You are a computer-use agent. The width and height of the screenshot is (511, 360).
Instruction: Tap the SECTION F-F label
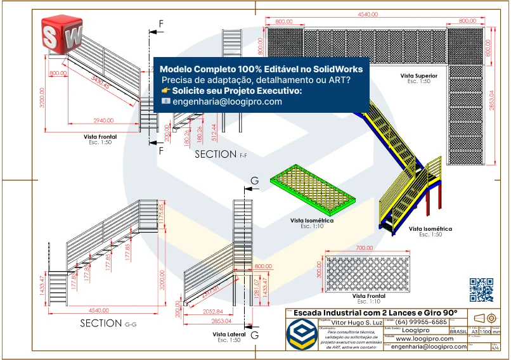(x=221, y=154)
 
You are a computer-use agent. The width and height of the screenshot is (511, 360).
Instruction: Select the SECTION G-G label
(x=108, y=323)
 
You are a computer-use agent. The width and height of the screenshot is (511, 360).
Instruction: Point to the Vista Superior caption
(x=415, y=75)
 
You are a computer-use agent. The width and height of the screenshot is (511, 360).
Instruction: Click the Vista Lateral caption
(x=226, y=334)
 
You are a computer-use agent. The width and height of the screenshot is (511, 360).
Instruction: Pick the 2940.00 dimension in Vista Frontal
(x=103, y=120)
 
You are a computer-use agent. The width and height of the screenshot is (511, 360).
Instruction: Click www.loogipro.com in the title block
(x=422, y=338)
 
